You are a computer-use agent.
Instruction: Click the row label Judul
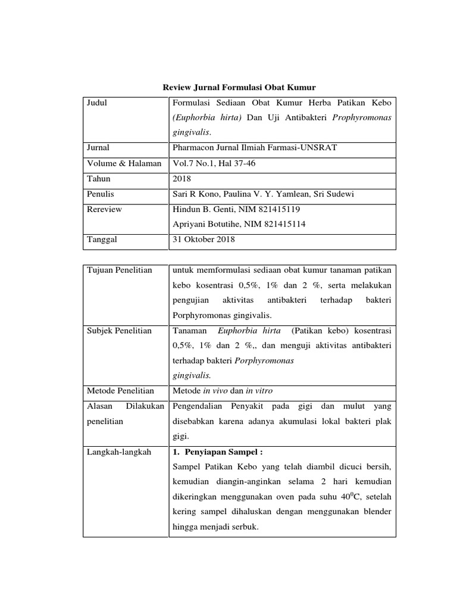[x=98, y=103]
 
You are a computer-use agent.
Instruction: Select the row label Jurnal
[x=98, y=148]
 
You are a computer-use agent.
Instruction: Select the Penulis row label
[x=101, y=194]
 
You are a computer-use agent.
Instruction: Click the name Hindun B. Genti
[x=201, y=210]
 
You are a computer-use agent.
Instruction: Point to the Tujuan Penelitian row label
[x=120, y=270]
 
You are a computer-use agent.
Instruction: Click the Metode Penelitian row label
[x=121, y=391]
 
